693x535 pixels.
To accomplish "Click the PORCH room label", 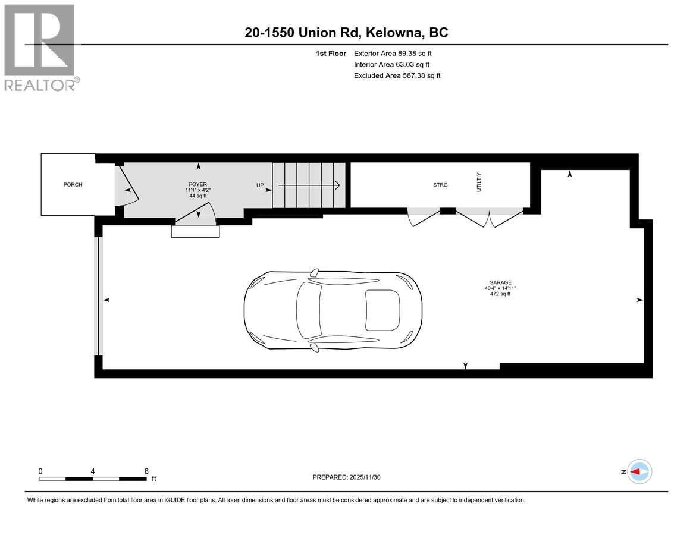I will coord(73,185).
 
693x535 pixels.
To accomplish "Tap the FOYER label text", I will coord(197,185).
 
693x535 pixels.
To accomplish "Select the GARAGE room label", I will coord(500,283).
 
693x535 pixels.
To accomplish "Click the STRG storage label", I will coord(440,185).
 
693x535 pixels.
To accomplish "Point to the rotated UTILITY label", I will coord(478,182).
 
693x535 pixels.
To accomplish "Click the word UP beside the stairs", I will coord(260,185).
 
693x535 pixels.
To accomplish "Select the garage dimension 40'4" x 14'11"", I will coord(500,289).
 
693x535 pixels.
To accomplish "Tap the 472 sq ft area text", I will coord(500,294).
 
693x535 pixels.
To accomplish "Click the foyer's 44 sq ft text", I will coord(197,196).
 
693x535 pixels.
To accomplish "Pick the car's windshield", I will coord(309,309).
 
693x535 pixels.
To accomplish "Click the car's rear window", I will coord(382,309).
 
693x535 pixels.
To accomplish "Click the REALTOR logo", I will coord(39,48).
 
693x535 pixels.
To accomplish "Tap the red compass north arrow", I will coord(639,471).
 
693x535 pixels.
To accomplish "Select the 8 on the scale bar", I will coord(146,471).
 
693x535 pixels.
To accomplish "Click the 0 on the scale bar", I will coord(40,471).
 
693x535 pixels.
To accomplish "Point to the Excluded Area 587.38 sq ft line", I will coord(397,75).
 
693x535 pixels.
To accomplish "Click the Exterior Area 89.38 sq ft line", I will coord(393,53).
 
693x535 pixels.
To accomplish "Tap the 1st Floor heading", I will coord(331,53).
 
